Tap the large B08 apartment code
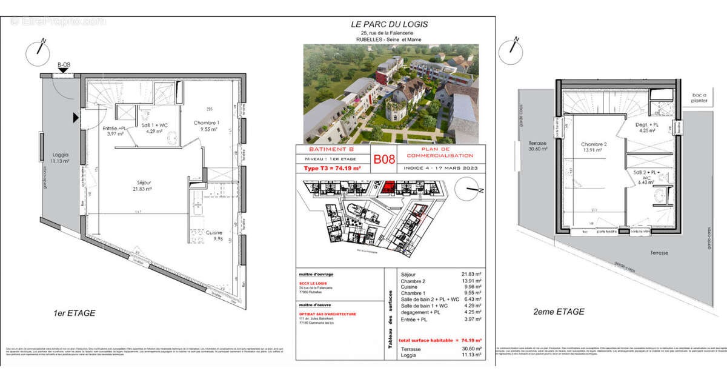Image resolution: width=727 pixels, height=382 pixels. tap(383, 159)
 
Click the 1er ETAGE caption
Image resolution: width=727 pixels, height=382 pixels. tap(75, 313)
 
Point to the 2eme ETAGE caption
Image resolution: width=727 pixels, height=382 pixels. tap(559, 312)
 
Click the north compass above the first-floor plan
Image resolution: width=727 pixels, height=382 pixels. tap(38, 52)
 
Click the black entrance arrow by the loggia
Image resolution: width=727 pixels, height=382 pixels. tap(76, 117)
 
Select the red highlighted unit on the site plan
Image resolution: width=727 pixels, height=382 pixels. tap(390, 187)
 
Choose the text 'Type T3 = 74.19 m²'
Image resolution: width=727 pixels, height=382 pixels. tap(331, 168)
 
